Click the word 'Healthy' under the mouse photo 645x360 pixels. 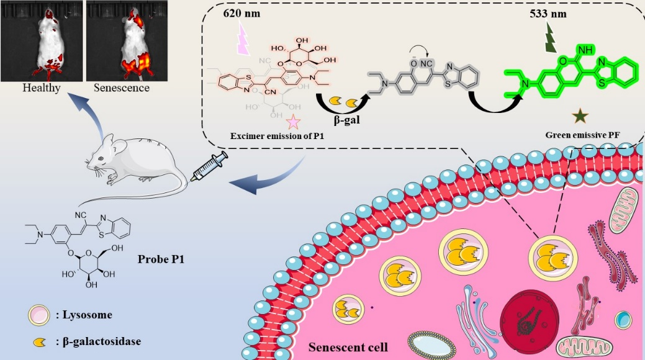coord(41,88)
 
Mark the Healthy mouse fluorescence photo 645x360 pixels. coord(41,41)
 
